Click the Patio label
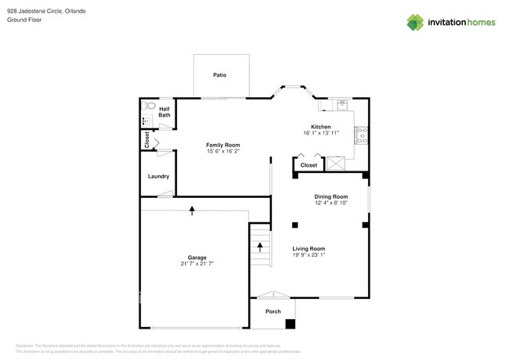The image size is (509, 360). [x=220, y=75]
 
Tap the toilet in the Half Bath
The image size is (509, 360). [x=150, y=106]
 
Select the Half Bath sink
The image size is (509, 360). [x=146, y=121]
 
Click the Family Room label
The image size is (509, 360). [x=222, y=145]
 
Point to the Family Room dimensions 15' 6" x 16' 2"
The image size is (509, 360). [x=222, y=151]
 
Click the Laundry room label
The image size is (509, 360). [x=158, y=176]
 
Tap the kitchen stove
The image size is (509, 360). [x=363, y=136]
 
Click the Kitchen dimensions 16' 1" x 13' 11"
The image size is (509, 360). [x=321, y=133]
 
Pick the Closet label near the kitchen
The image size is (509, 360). [x=309, y=165]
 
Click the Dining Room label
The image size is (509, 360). [x=330, y=196]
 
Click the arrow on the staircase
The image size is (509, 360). [x=261, y=247]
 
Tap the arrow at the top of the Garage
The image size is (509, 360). [x=192, y=209]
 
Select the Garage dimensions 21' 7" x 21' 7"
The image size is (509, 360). [x=196, y=264]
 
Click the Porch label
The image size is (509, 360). [x=273, y=311]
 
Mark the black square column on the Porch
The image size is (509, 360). [x=291, y=323]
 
